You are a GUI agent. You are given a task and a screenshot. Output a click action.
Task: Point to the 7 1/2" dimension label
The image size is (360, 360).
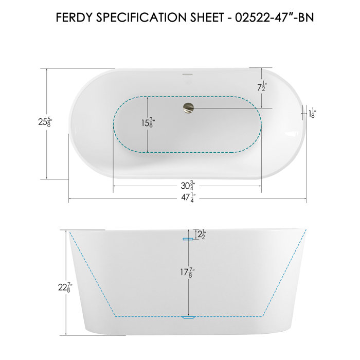coord(262,87)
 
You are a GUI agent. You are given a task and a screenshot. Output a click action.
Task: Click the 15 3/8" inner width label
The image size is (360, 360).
coord(148,123)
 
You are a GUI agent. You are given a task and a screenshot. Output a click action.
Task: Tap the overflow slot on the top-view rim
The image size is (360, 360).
coord(187,77)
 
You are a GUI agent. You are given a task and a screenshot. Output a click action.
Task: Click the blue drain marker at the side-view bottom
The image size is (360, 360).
coord(188,317)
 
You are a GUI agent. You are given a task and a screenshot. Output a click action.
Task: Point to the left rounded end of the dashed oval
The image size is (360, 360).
coord(115,123)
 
